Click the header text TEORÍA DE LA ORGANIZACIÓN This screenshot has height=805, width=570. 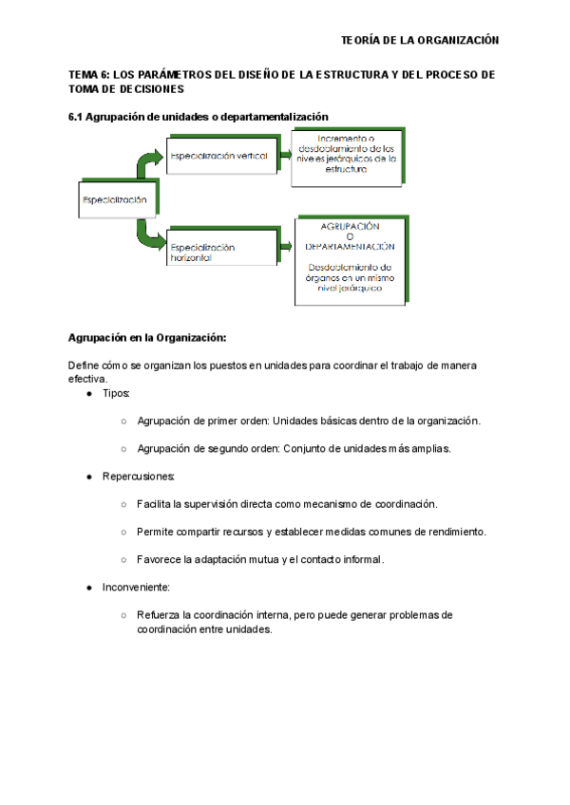point(420,40)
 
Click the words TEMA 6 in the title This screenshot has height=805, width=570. point(90,74)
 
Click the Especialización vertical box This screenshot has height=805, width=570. point(219,155)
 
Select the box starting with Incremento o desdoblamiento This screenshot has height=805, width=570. point(351,153)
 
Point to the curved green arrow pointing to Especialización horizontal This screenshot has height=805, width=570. point(148,234)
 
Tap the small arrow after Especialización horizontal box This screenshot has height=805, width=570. point(286,247)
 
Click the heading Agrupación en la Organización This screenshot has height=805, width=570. point(147,338)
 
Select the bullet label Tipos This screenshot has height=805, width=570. point(116,393)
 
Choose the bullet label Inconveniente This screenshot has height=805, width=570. point(136,588)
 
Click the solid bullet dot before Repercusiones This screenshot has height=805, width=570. point(88,477)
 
